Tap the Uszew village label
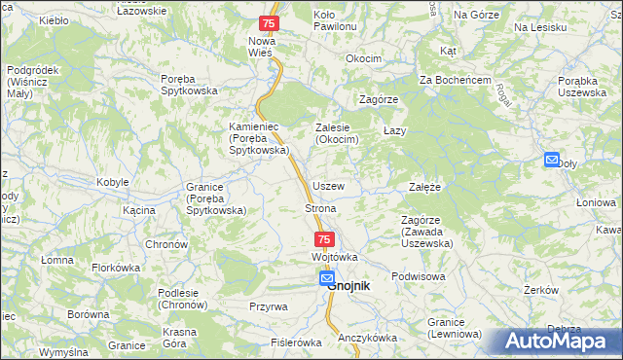(328, 186)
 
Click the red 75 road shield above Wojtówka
(324, 239)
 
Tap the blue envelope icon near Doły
(552, 161)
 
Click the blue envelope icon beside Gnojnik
(327, 279)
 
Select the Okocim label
(363, 58)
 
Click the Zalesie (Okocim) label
(338, 134)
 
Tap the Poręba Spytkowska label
(189, 86)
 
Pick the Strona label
(321, 208)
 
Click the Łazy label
(394, 129)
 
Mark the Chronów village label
(166, 243)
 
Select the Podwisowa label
(418, 276)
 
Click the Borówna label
(89, 315)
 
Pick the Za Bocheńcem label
(455, 80)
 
